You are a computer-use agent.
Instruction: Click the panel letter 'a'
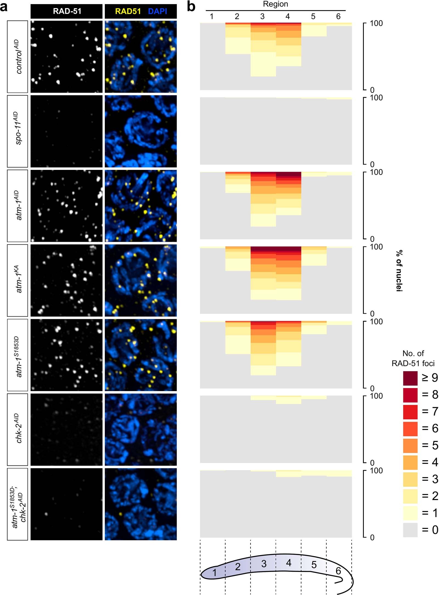[x=4, y=7]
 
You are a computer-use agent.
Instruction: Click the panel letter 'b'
[x=191, y=7]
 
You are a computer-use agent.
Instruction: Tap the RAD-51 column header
[x=67, y=11]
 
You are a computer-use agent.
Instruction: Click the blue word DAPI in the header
[x=157, y=11]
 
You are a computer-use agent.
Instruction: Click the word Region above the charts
[x=275, y=4]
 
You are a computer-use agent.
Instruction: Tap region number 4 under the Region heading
[x=288, y=16]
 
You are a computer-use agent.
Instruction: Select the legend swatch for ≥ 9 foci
[x=410, y=378]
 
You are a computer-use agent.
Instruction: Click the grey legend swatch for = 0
[x=410, y=530]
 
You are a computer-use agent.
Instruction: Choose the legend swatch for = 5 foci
[x=410, y=445]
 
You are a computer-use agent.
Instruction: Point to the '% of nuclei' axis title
[x=399, y=271]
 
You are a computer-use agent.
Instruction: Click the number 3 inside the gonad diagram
[x=264, y=564]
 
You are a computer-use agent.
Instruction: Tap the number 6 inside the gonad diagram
[x=338, y=571]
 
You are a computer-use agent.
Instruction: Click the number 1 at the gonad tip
[x=215, y=572]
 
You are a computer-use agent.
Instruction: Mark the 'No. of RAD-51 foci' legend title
[x=413, y=358]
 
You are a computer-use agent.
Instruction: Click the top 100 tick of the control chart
[x=376, y=23]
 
